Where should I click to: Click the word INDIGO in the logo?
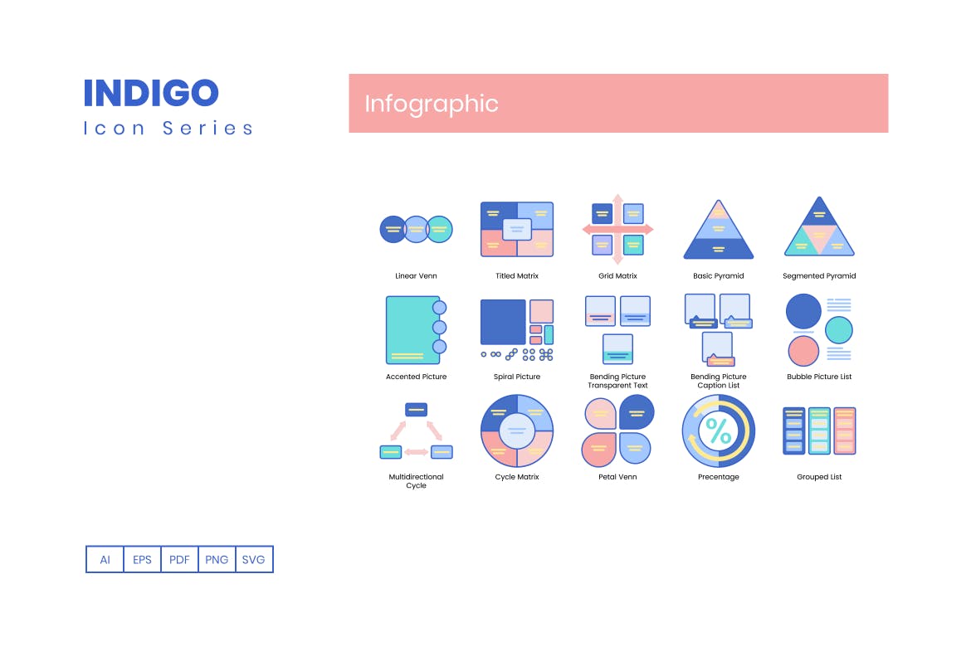pyautogui.click(x=151, y=93)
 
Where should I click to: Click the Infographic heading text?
pyautogui.click(x=431, y=104)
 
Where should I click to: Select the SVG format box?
pyautogui.click(x=254, y=559)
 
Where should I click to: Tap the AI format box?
pyautogui.click(x=105, y=559)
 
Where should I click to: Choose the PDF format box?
pyautogui.click(x=179, y=559)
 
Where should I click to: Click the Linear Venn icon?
pyautogui.click(x=416, y=229)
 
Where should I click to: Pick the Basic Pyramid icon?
pyautogui.click(x=719, y=229)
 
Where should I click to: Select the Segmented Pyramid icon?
pyautogui.click(x=819, y=227)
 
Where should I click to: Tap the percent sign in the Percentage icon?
pyautogui.click(x=719, y=431)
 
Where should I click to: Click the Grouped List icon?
pyautogui.click(x=819, y=431)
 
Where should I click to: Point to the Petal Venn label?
pyautogui.click(x=617, y=477)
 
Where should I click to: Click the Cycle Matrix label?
pyautogui.click(x=517, y=477)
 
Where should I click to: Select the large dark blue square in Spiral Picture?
pyautogui.click(x=504, y=322)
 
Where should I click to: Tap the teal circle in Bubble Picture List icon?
pyautogui.click(x=839, y=330)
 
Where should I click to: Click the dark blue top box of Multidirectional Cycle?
pyautogui.click(x=416, y=409)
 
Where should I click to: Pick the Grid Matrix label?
pyautogui.click(x=617, y=275)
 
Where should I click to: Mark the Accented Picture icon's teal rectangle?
pyautogui.click(x=413, y=330)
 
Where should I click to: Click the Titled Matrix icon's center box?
pyautogui.click(x=517, y=229)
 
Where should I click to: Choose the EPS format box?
pyautogui.click(x=143, y=559)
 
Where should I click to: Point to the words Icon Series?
pyautogui.click(x=168, y=129)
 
